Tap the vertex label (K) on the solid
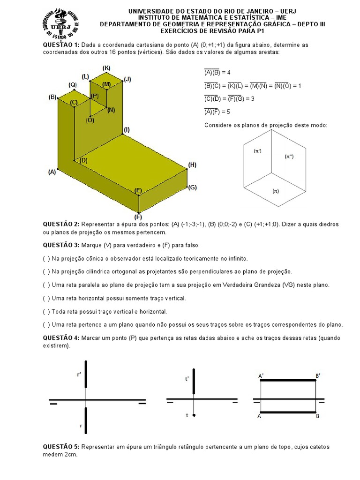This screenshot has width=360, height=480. coord(106,68)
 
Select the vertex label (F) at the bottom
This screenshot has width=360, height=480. coord(138,217)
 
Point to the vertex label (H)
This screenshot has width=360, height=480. coord(192,165)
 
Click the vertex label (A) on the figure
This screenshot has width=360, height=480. coord(52,172)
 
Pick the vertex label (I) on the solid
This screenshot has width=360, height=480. coord(127,129)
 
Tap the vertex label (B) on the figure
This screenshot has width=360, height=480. coord(52,97)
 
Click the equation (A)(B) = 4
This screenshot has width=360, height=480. coord(217,73)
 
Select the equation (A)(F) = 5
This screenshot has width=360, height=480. coord(217,112)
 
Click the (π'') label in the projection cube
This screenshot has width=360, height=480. coord(289,157)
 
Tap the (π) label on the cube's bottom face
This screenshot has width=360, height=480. coord(276,191)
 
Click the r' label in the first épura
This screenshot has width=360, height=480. coord(79,375)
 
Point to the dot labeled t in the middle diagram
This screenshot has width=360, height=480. coord(194,415)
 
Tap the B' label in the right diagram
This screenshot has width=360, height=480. coord(318,376)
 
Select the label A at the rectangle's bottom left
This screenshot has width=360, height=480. coord(259,416)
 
